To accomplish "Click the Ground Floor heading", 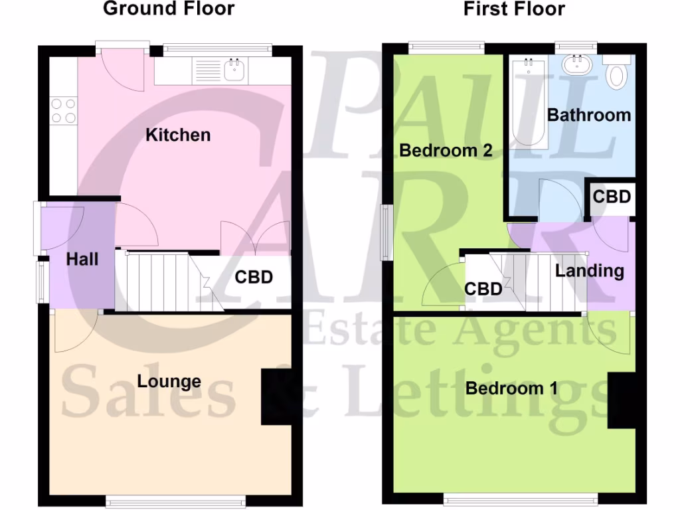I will click(x=169, y=9).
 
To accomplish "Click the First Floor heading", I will click(x=513, y=9).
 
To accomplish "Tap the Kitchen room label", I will click(x=178, y=135).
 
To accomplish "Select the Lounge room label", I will click(x=169, y=381).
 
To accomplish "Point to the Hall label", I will click(x=82, y=259).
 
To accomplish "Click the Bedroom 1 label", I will click(x=511, y=388).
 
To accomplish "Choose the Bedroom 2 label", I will click(x=446, y=151).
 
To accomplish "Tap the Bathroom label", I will click(x=589, y=115).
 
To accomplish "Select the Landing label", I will click(x=590, y=271).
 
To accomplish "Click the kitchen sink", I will click(x=233, y=69).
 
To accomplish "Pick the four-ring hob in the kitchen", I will click(x=63, y=111).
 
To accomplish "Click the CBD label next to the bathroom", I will click(x=611, y=197).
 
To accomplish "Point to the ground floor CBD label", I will click(x=254, y=277).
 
